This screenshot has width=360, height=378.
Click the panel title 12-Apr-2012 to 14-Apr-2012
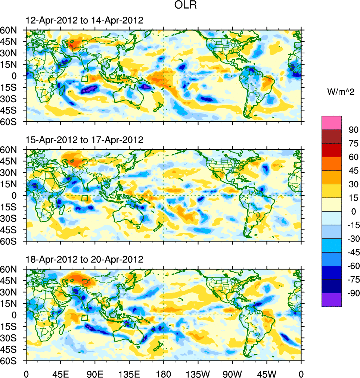click(x=84, y=21)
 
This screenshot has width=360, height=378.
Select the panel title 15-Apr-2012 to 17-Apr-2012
click(x=84, y=140)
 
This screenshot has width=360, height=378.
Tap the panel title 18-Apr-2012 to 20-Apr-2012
click(x=84, y=259)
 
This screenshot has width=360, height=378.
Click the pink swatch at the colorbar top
click(x=332, y=122)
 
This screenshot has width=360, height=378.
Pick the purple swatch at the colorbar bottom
click(x=332, y=300)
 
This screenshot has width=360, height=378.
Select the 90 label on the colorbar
click(x=353, y=129)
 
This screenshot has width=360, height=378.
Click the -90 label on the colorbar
click(x=352, y=293)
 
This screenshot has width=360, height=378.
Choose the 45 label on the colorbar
click(x=353, y=170)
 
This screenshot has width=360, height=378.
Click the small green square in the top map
click(x=84, y=79)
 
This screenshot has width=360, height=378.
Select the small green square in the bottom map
click(x=84, y=318)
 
